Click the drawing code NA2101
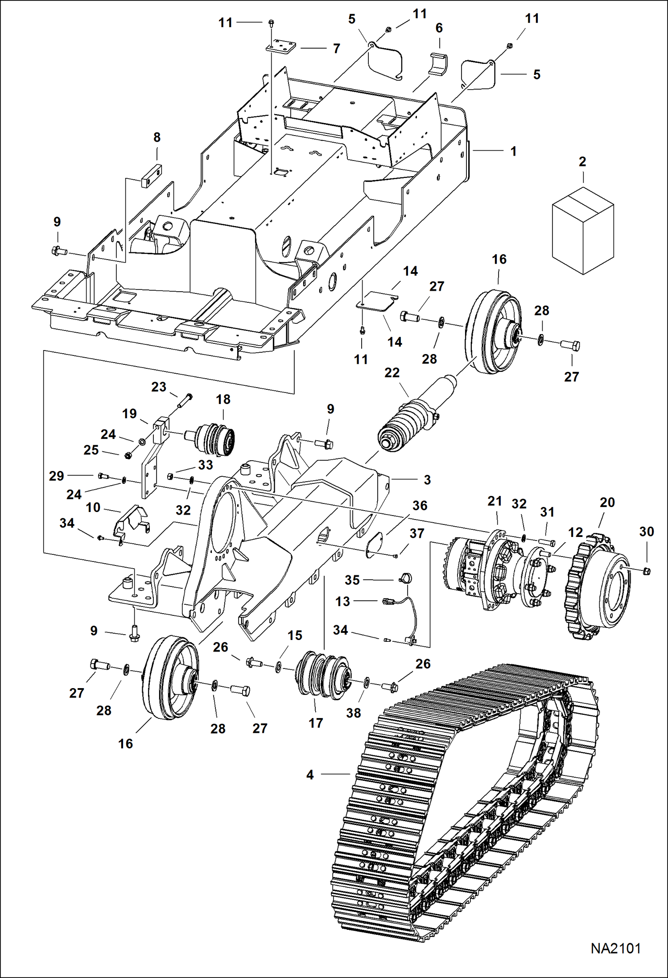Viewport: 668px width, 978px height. click(615, 948)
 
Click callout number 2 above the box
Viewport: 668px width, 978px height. click(582, 161)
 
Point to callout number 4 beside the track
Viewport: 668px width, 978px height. click(310, 775)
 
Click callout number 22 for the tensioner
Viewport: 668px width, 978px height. click(392, 372)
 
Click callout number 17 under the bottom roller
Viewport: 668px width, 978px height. click(316, 723)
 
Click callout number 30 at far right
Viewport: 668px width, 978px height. click(646, 532)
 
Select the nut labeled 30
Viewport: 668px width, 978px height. click(647, 571)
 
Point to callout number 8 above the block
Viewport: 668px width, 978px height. click(157, 137)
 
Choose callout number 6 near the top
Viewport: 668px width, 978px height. click(439, 28)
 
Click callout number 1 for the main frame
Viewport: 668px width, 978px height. click(513, 151)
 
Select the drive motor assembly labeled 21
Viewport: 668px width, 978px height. click(495, 571)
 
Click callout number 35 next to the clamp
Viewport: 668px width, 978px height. click(352, 580)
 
